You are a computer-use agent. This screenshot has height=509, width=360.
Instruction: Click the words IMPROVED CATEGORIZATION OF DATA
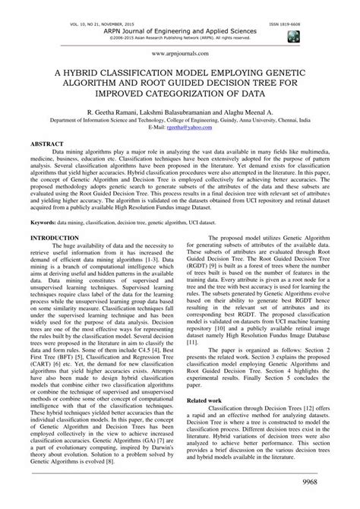pos(180,92)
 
